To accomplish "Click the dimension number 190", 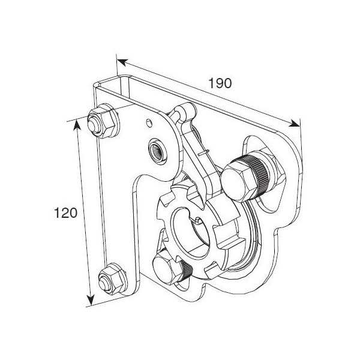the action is [x=220, y=83].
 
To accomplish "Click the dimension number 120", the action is [x=65, y=213].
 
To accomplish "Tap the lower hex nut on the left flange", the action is [x=112, y=279].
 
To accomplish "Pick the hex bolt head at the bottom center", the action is [x=166, y=267].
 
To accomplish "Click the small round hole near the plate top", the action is [x=149, y=122].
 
